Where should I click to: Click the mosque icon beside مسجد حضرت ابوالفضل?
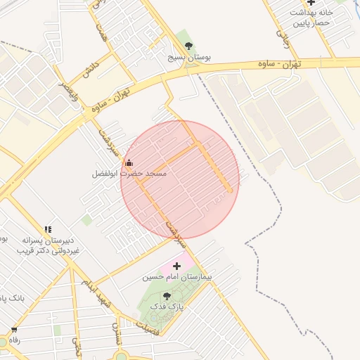129,163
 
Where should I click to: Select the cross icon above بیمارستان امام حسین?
176,266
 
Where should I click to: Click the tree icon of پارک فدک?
167,296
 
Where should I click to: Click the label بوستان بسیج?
188,56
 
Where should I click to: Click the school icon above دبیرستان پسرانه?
48,229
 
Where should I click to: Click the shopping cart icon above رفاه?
13,329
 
